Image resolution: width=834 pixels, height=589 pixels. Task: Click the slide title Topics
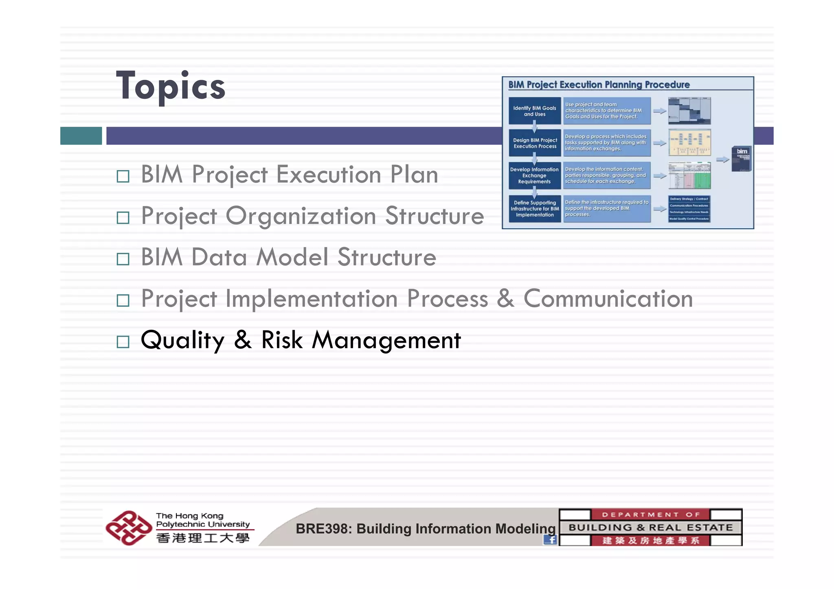(171, 86)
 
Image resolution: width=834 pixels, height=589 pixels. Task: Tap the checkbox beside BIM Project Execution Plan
(123, 176)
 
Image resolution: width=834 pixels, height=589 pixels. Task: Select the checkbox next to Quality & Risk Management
(123, 342)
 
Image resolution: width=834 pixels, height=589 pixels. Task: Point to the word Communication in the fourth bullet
(608, 299)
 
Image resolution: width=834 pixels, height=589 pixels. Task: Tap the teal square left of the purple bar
(81, 136)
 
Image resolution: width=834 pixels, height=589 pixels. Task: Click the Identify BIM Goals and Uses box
(534, 111)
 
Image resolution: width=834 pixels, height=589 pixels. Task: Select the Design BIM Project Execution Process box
(534, 143)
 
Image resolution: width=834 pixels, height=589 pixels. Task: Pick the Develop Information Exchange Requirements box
(534, 175)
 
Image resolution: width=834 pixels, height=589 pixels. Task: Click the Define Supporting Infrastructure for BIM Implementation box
(534, 208)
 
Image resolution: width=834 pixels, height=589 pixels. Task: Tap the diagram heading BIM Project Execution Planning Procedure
(599, 85)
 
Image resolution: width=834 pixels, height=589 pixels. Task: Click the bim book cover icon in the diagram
(741, 159)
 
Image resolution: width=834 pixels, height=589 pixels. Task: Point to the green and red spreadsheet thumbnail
(689, 175)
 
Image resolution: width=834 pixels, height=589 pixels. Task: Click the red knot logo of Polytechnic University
(128, 528)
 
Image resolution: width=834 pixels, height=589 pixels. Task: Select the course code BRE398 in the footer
(322, 529)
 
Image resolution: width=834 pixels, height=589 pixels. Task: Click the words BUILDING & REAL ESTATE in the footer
(650, 528)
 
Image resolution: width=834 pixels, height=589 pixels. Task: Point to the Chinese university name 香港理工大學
(202, 538)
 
